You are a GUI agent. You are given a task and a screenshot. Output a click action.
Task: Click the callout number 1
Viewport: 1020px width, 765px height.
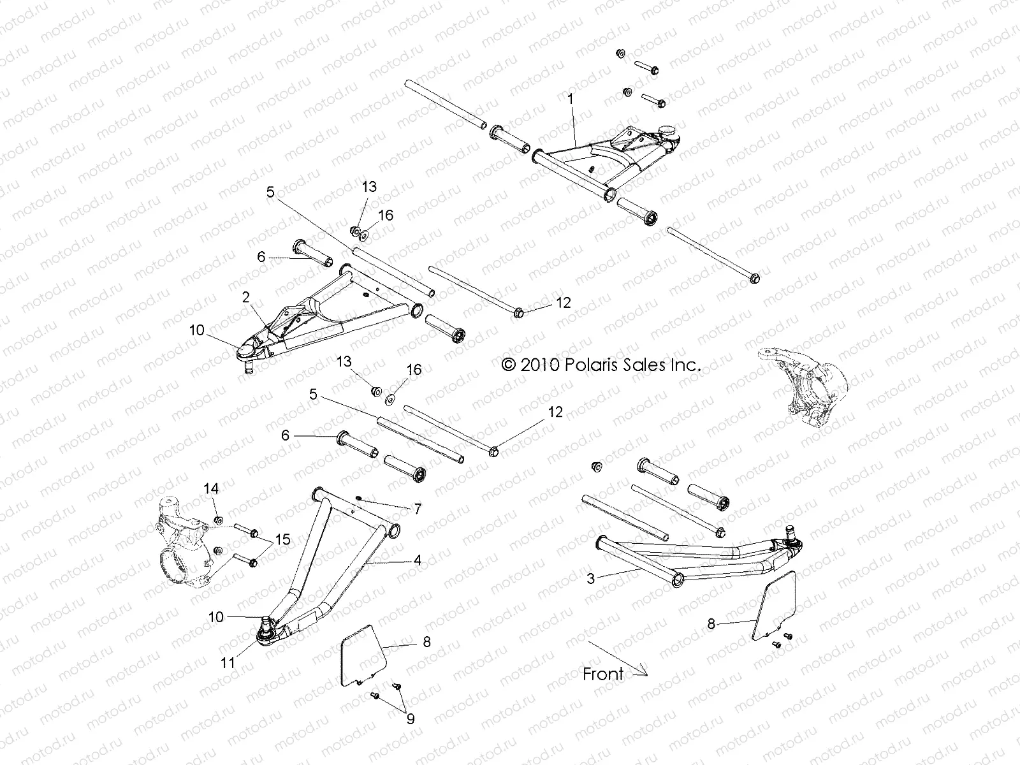click(571, 99)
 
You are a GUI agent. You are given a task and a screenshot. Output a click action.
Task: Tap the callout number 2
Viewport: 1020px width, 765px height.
click(245, 298)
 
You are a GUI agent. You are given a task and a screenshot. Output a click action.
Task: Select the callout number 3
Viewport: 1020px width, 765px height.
click(591, 579)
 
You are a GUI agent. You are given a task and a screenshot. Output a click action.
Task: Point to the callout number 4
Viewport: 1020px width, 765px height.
click(418, 561)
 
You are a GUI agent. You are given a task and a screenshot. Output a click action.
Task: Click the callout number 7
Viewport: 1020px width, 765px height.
click(418, 509)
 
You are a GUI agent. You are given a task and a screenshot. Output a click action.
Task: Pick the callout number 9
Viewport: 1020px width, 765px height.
click(411, 719)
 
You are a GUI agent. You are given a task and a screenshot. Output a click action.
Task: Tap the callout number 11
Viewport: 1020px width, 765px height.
click(228, 663)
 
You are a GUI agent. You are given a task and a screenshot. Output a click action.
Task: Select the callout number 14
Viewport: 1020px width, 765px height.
click(211, 489)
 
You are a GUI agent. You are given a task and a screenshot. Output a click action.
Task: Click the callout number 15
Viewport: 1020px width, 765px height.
click(282, 540)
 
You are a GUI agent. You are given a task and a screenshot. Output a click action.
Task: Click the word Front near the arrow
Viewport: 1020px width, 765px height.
click(603, 674)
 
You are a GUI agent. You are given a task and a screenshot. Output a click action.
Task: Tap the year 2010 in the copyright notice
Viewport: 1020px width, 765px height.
click(539, 365)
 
